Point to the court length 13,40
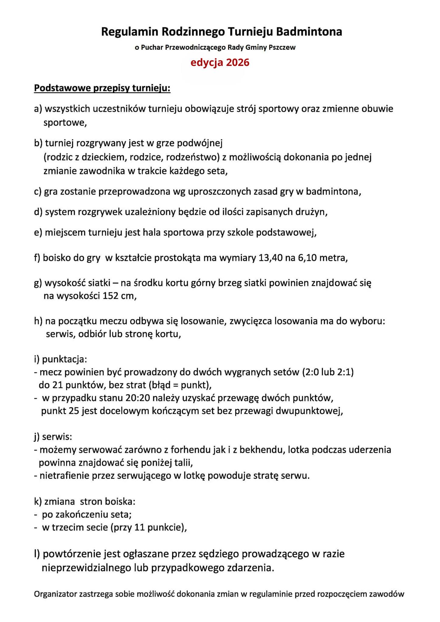270,258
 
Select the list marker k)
38,501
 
